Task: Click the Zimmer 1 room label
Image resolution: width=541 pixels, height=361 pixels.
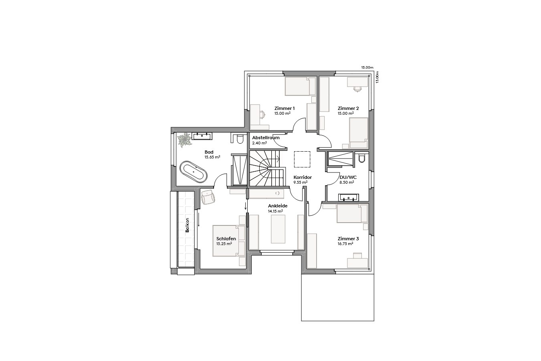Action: click(285, 108)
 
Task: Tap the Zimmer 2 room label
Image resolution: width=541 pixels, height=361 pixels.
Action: click(348, 108)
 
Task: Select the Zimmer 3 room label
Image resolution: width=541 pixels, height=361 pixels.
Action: click(348, 239)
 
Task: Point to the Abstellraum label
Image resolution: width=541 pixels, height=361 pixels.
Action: click(266, 138)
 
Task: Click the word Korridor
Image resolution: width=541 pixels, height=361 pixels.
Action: click(303, 177)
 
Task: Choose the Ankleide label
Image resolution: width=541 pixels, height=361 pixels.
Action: click(278, 206)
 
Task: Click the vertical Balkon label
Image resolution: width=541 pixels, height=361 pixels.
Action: click(187, 225)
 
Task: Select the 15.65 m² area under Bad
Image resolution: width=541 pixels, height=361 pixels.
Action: click(212, 157)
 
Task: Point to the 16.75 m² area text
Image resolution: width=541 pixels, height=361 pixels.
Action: click(345, 243)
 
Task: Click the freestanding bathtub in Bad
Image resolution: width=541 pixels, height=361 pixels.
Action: click(194, 172)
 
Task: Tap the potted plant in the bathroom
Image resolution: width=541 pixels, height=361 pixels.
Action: click(185, 140)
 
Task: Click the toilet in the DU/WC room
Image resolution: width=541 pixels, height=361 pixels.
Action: click(362, 159)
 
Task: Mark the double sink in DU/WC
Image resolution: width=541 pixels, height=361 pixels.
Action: click(348, 197)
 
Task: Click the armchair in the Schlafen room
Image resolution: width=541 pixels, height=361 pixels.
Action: click(208, 197)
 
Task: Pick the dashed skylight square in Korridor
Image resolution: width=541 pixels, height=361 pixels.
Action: click(302, 159)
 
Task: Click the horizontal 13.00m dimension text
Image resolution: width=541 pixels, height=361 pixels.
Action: click(367, 67)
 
